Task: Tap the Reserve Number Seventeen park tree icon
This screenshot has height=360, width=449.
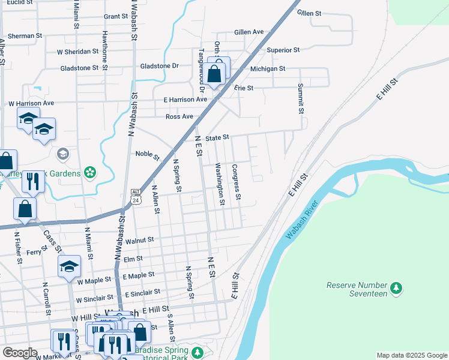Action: (396, 289)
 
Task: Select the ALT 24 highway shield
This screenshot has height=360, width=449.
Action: (136, 197)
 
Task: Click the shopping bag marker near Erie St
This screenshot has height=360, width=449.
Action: (214, 75)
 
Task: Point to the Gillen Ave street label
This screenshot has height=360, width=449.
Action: (249, 32)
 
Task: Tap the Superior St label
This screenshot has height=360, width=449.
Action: (283, 50)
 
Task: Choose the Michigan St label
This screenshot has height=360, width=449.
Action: (268, 69)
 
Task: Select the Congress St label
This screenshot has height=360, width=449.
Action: (237, 182)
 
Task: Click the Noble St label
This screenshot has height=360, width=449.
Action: (148, 156)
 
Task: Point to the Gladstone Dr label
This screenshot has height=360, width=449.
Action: (159, 66)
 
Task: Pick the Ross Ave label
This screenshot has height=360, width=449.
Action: (179, 116)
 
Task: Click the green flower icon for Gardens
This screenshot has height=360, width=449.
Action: (90, 173)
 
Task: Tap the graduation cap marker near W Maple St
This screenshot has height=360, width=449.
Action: (69, 266)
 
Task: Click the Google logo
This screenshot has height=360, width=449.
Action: (20, 353)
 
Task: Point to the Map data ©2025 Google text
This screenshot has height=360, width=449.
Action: (411, 355)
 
